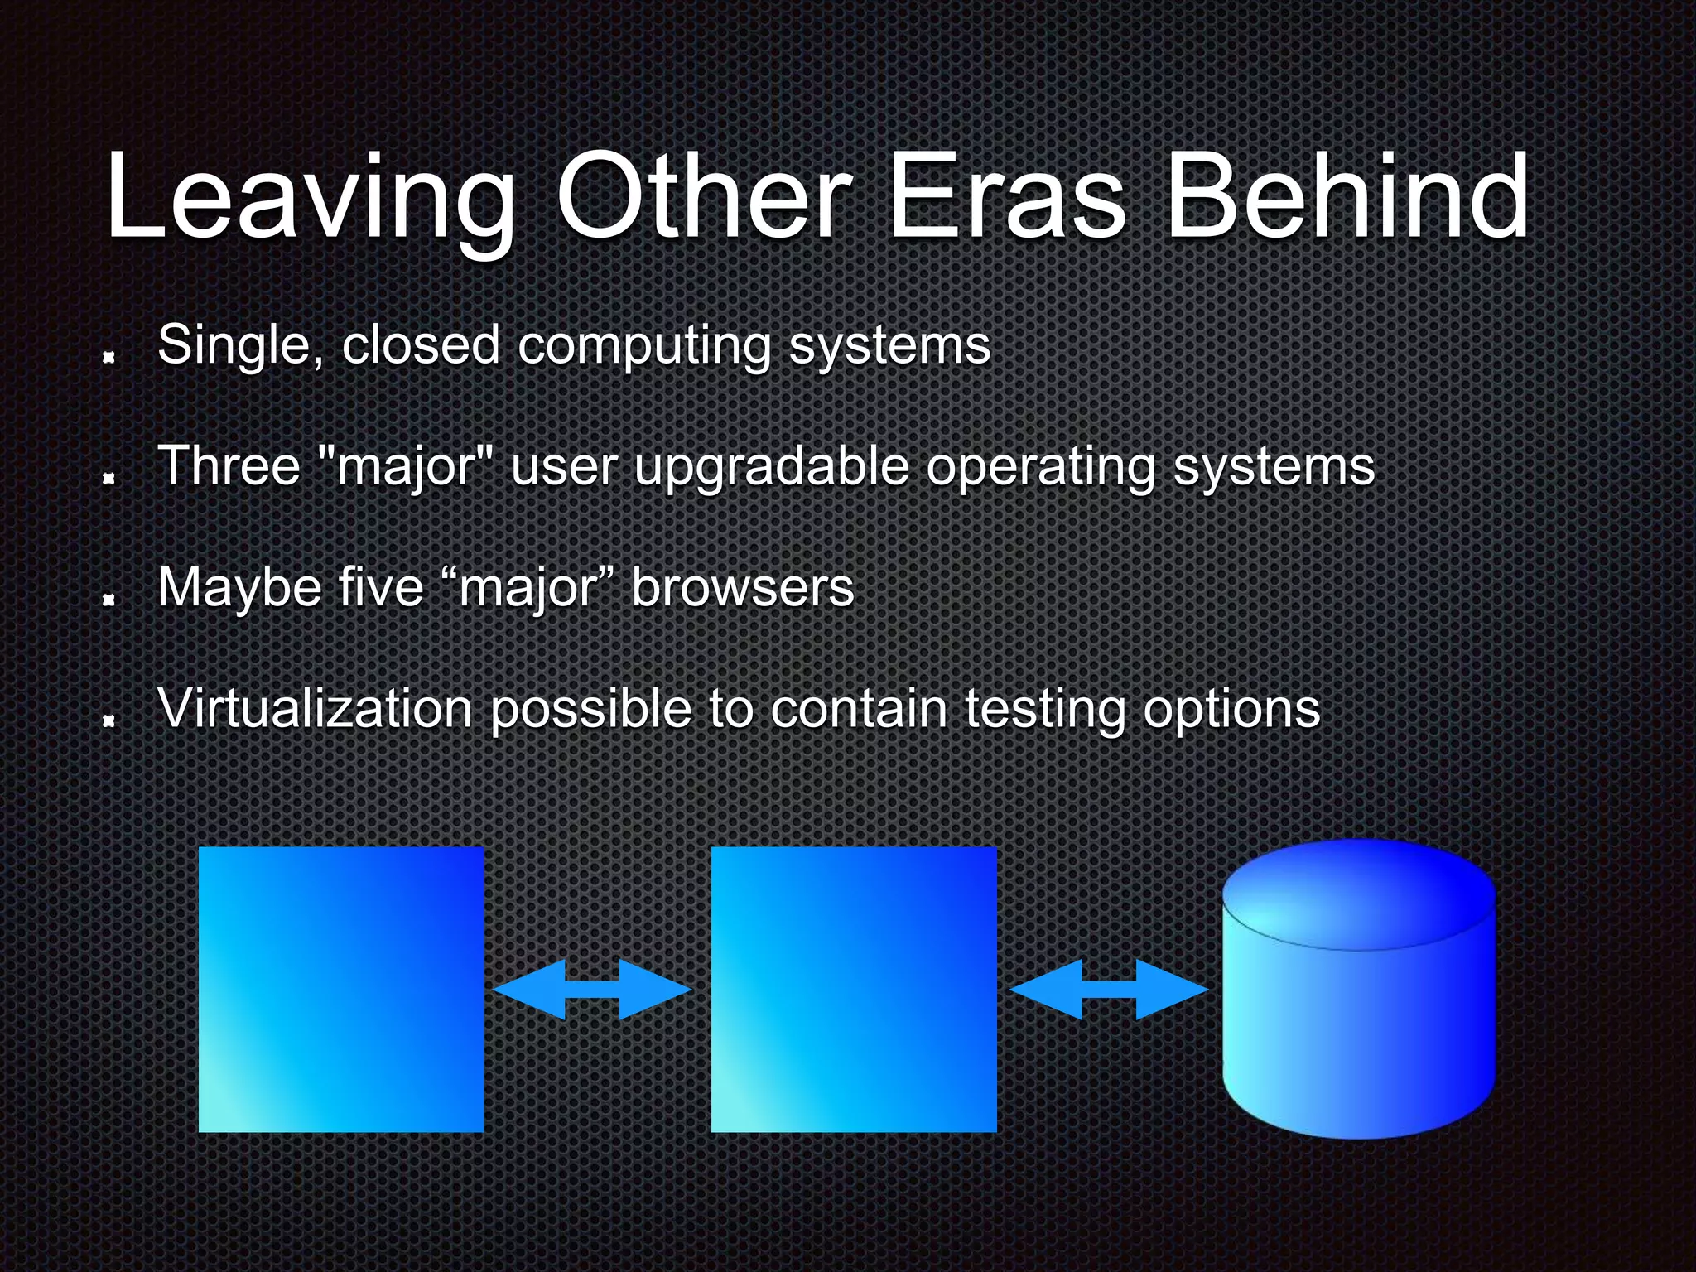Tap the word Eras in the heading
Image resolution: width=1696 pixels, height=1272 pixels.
point(1007,199)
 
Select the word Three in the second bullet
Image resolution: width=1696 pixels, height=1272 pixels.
point(229,465)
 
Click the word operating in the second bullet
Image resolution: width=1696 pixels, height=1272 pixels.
point(1040,468)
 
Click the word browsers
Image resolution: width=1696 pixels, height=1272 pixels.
point(742,587)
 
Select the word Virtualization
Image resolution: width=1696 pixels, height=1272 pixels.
point(315,709)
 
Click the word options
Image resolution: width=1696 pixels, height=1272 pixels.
point(1231,711)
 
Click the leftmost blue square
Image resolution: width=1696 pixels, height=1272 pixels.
point(341,989)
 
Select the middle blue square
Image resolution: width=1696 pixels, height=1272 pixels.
point(854,989)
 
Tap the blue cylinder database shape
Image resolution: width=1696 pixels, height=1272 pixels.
point(1359,994)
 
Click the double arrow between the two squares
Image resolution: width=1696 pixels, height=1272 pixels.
point(592,989)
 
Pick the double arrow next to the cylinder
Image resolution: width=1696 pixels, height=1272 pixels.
point(1109,989)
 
